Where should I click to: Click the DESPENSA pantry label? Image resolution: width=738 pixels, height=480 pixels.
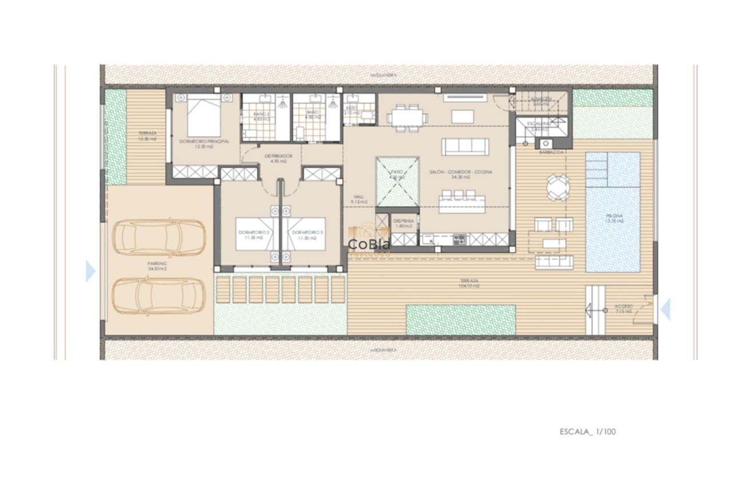tap(403, 223)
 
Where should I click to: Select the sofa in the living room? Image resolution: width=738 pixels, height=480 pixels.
tap(465, 147)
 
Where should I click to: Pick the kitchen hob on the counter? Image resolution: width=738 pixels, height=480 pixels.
tap(459, 239)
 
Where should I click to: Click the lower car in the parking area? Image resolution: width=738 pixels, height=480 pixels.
tap(158, 295)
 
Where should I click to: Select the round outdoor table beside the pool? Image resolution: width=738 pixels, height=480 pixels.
tap(557, 187)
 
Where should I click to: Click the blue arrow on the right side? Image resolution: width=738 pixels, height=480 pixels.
tap(665, 310)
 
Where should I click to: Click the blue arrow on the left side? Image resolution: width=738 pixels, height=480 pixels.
tap(90, 271)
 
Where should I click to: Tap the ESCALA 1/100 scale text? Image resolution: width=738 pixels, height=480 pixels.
tap(587, 432)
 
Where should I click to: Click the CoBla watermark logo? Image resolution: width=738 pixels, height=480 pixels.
tap(369, 245)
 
